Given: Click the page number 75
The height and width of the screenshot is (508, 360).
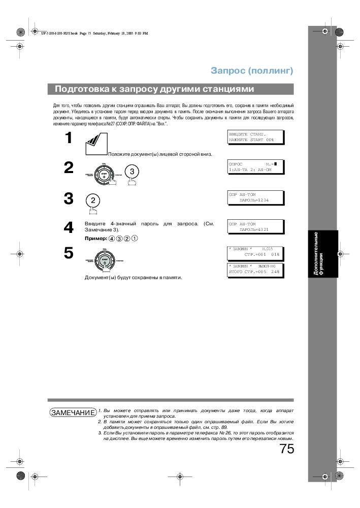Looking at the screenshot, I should [x=286, y=449].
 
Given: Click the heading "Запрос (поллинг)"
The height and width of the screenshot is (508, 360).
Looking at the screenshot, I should [x=252, y=71].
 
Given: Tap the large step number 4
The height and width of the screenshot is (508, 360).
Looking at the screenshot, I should [x=69, y=228].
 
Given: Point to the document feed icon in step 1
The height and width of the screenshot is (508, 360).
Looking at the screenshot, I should [x=95, y=144].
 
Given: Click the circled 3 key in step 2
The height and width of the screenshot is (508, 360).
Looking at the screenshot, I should [x=132, y=172].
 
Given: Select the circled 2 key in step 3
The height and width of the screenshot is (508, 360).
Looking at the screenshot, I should [x=93, y=200].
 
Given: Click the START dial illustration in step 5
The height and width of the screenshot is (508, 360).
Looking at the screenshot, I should [x=104, y=260].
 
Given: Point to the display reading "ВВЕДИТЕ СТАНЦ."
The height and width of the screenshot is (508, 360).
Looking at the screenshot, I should [x=254, y=137].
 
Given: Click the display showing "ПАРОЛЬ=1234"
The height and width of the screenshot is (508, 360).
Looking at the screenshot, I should [x=254, y=197].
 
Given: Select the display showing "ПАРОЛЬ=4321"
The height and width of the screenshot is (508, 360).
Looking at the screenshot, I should [x=254, y=226].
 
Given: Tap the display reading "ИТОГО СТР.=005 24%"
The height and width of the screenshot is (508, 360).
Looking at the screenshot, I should [x=254, y=269].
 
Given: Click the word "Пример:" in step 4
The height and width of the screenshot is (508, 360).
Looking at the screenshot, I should [x=95, y=238].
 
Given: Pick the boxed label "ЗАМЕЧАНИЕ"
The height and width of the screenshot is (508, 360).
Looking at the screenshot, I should [x=73, y=412].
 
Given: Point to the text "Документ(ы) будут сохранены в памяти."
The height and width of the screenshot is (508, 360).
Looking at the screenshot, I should [x=133, y=278].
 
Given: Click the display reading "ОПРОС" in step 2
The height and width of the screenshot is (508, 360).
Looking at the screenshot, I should [x=254, y=166].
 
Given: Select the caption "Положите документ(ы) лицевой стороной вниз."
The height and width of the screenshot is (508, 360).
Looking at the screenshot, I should [x=160, y=154].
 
